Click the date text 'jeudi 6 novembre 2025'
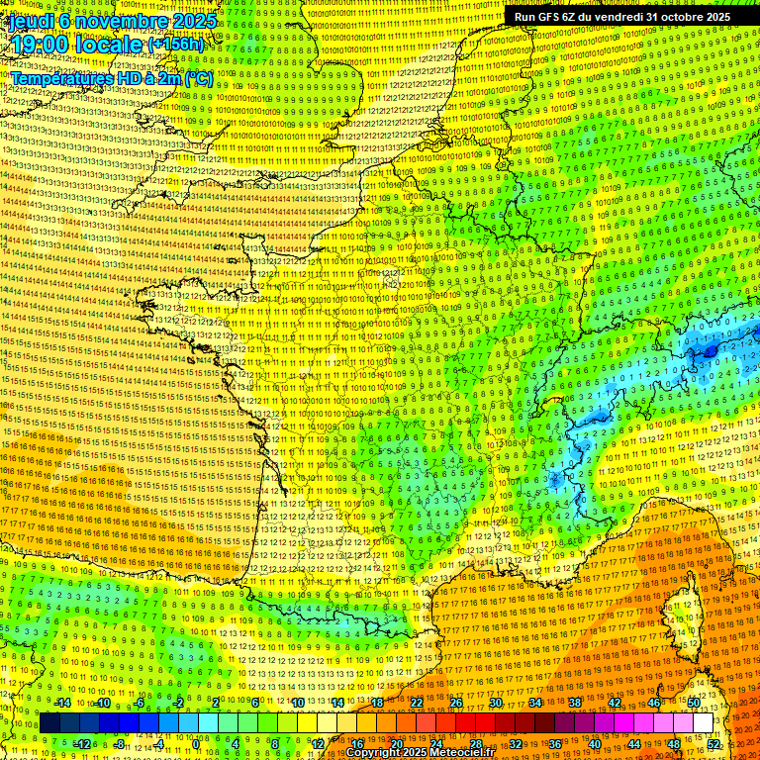pos(112,20)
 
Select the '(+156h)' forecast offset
pos(176,45)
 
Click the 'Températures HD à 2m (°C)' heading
pos(111,77)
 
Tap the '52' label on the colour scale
pos(713,743)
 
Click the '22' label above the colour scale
pos(417,703)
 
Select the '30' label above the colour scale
pos(496,703)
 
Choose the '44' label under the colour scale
pos(634,743)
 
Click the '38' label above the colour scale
pos(575,703)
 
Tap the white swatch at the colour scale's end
pos(703,723)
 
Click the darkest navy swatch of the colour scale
pos(50,723)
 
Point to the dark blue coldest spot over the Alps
pos(710,350)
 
